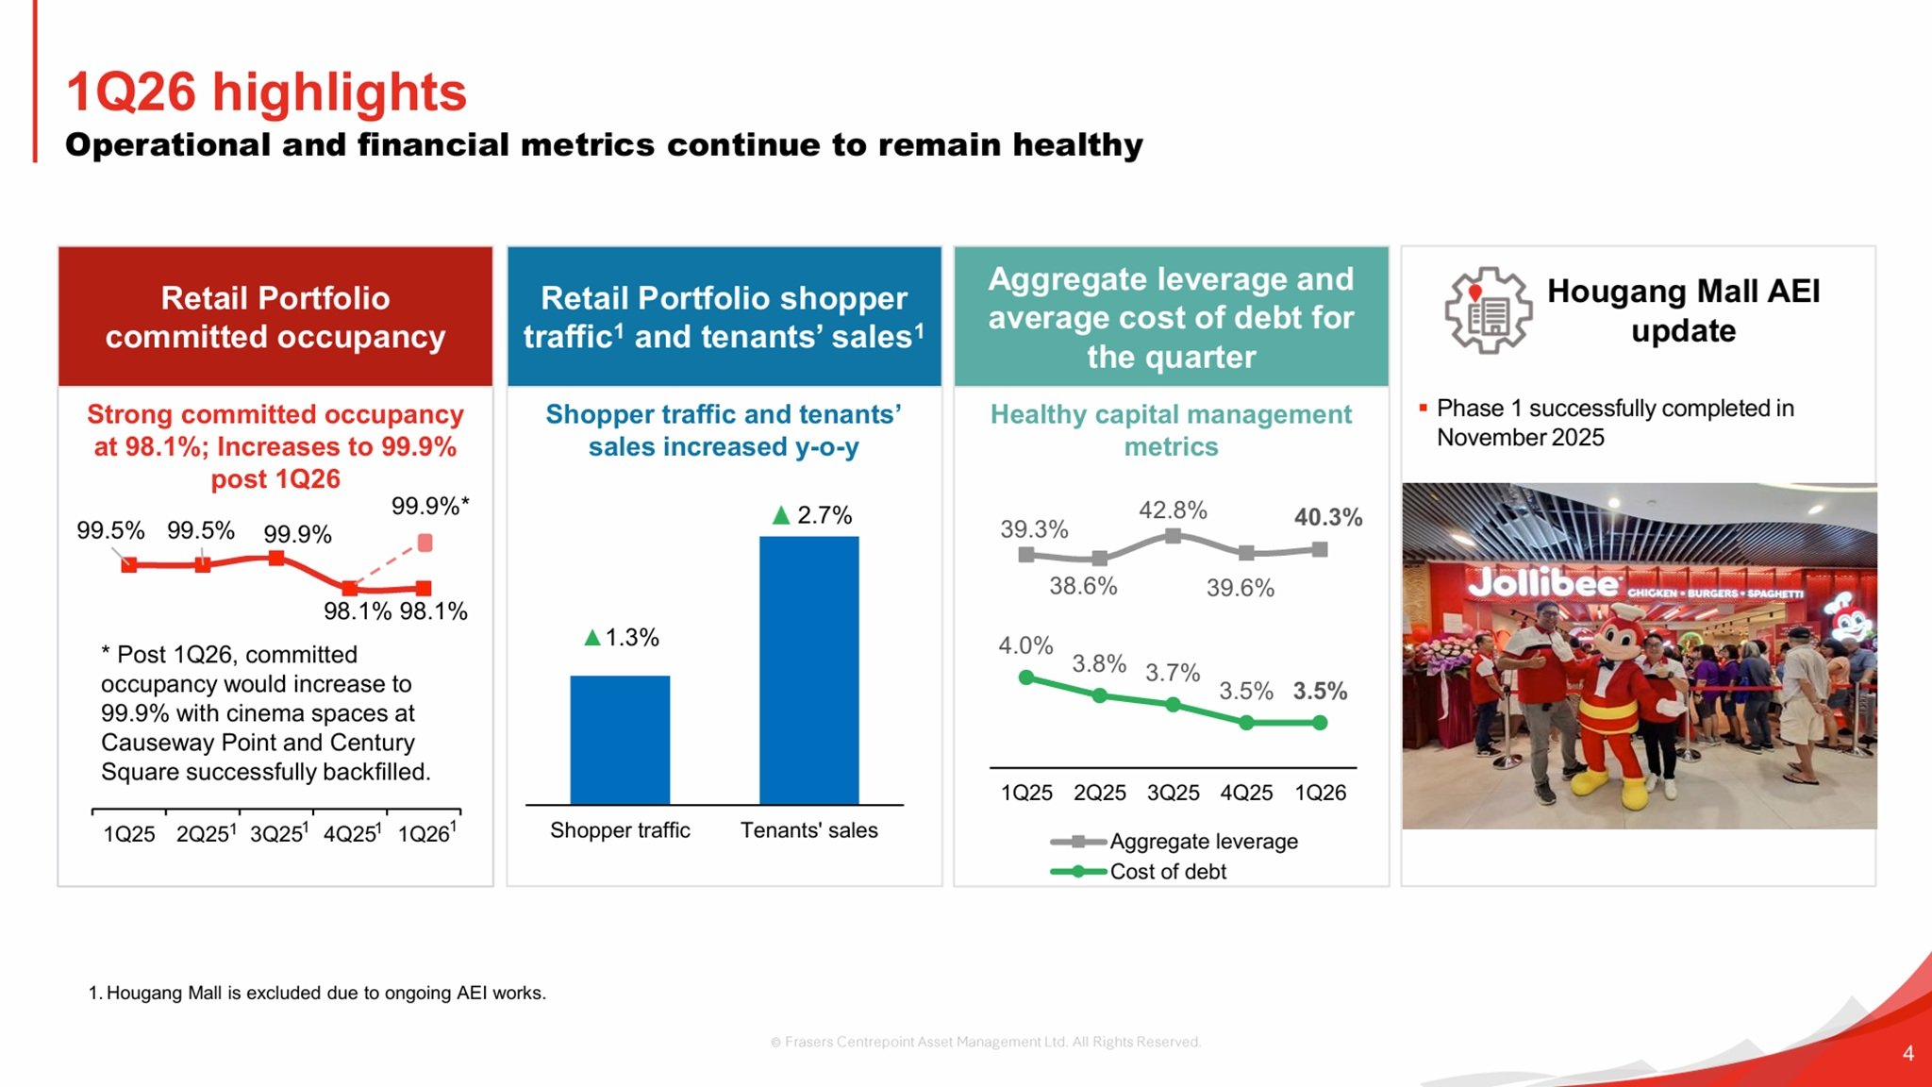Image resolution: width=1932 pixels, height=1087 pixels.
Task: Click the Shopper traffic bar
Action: (x=620, y=740)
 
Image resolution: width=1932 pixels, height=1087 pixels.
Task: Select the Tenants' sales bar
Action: (x=808, y=670)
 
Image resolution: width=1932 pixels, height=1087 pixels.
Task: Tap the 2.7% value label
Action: (x=813, y=515)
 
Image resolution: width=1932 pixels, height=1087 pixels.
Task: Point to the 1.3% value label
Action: (x=622, y=638)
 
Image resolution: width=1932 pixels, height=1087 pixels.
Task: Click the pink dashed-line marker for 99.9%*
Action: (x=425, y=543)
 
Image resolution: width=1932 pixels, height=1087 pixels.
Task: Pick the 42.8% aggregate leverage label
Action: (x=1173, y=510)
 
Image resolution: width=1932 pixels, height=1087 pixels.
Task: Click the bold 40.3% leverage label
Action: (x=1327, y=517)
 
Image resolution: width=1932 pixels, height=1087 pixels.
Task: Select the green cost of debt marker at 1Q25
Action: (x=1026, y=677)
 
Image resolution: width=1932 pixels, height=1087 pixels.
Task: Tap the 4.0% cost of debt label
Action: (x=1025, y=646)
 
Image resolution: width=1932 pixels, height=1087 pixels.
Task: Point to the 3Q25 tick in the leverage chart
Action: (x=1173, y=793)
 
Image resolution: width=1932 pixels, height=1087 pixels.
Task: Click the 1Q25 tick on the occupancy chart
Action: (x=129, y=834)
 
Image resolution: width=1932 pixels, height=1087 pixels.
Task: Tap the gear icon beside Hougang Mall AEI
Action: (x=1488, y=310)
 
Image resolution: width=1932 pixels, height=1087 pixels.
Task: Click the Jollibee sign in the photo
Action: (x=1543, y=584)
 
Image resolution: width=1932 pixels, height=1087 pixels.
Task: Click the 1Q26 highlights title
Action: (x=266, y=92)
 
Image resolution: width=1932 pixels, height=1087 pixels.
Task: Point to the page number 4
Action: (x=1907, y=1053)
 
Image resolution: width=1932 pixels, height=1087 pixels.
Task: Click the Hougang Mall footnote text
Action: (x=318, y=993)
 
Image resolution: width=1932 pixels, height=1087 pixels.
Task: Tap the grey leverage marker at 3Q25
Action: (x=1173, y=536)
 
